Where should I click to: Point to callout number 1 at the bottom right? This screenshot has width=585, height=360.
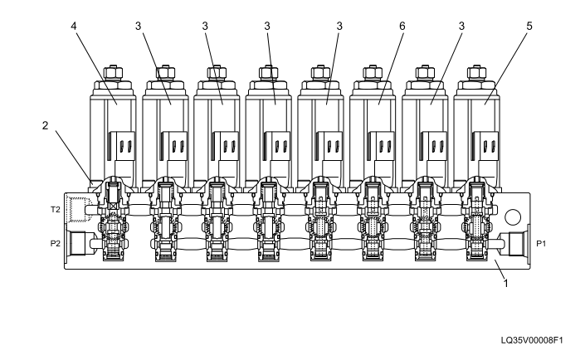(505, 282)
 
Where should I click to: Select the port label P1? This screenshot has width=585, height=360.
(540, 244)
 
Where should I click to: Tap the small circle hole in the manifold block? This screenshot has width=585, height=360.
(513, 217)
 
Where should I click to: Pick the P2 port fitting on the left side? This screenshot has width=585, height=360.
(79, 244)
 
